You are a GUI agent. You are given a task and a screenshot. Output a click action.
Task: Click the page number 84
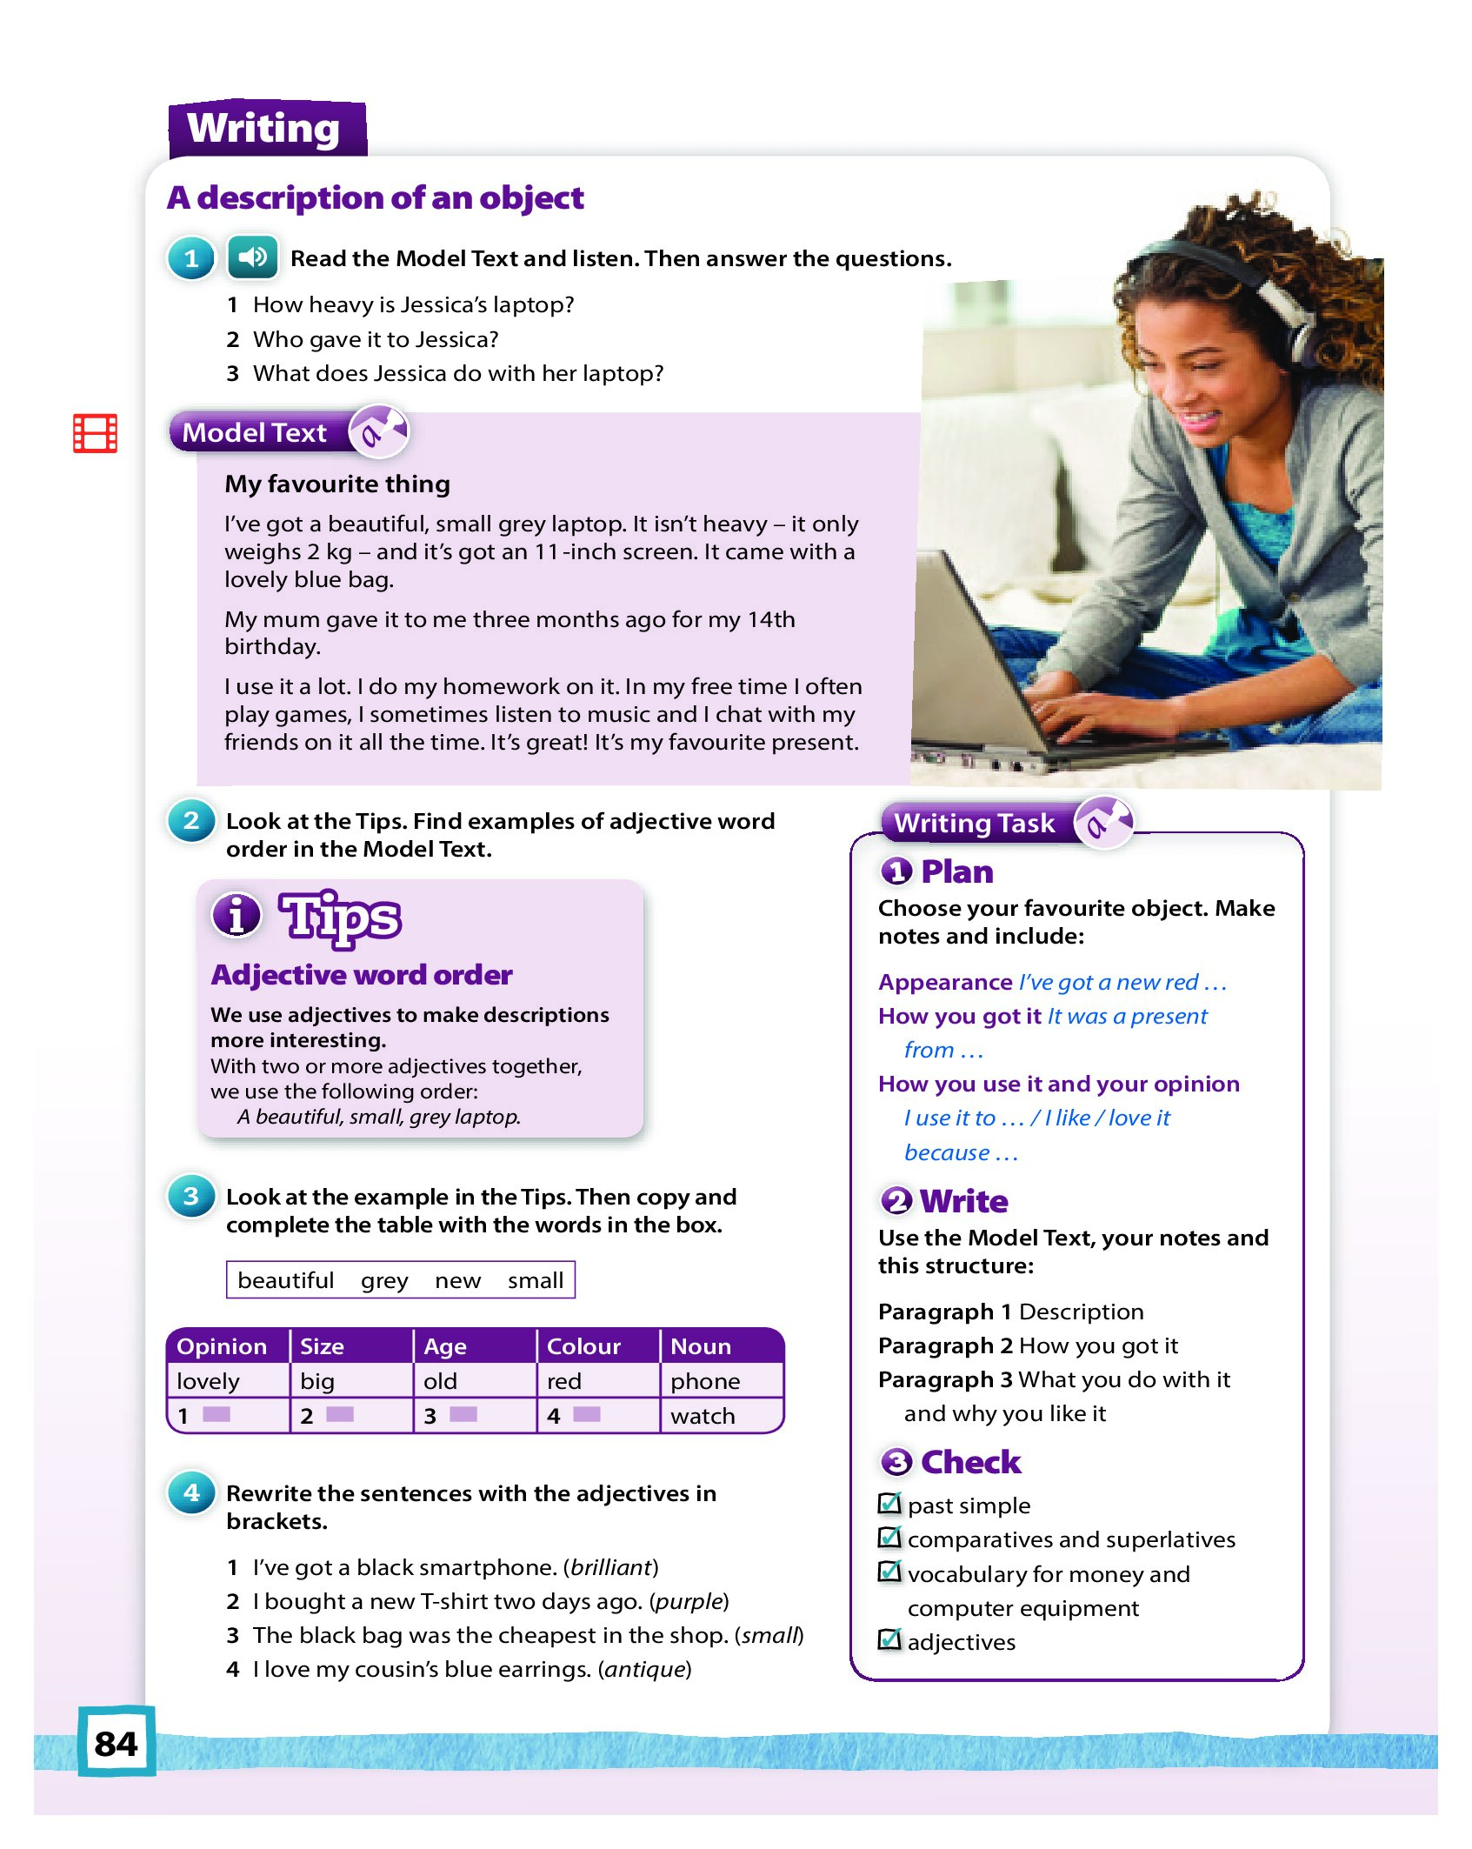[116, 1743]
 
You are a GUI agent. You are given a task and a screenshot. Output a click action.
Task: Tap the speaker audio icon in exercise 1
[252, 257]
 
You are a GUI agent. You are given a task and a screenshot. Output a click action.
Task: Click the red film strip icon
[95, 433]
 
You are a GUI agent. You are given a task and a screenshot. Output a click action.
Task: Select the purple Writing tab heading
[264, 129]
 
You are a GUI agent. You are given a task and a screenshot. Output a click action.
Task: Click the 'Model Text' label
[255, 432]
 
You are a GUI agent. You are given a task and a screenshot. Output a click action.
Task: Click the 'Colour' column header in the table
[583, 1346]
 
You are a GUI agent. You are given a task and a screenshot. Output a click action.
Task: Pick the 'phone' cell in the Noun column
[705, 1381]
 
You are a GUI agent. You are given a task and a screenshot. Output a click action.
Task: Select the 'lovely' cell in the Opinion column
[208, 1381]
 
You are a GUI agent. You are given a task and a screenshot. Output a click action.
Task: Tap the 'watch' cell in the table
[703, 1416]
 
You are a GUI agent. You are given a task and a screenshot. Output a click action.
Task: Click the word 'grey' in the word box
[384, 1280]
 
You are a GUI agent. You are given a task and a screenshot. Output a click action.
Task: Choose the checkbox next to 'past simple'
[889, 1504]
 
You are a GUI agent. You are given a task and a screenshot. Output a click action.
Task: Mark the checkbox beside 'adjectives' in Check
[889, 1640]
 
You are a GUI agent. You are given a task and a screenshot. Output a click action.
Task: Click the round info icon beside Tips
[236, 915]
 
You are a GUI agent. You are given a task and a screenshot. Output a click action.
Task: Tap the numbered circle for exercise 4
[191, 1493]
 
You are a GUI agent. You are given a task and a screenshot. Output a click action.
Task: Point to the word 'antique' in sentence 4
[644, 1669]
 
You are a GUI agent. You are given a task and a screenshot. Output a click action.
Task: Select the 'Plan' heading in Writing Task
[956, 871]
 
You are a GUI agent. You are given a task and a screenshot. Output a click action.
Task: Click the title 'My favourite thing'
[337, 484]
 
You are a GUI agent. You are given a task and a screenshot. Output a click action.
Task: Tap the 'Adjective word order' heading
[362, 975]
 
